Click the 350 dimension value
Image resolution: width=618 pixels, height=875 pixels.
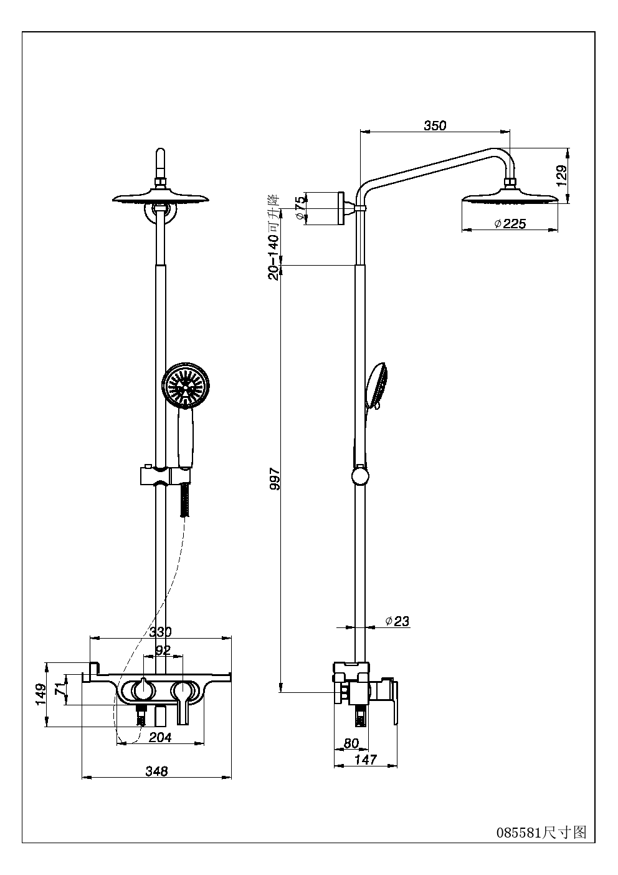435,125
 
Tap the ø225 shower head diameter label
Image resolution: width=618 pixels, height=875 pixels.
510,223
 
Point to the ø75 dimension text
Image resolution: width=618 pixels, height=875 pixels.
300,208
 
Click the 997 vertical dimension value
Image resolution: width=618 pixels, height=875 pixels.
274,478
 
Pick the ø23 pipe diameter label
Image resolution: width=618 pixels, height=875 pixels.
397,621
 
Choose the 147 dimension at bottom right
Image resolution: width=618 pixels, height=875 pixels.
366,760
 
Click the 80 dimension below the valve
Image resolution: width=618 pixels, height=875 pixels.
351,743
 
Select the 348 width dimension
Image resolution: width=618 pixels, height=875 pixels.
156,771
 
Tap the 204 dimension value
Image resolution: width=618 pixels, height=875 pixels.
160,737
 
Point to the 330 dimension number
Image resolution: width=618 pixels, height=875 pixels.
160,632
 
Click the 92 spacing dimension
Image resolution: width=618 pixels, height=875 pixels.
163,650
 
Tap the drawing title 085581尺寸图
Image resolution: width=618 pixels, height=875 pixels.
541,831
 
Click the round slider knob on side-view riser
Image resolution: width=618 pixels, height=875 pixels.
360,477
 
